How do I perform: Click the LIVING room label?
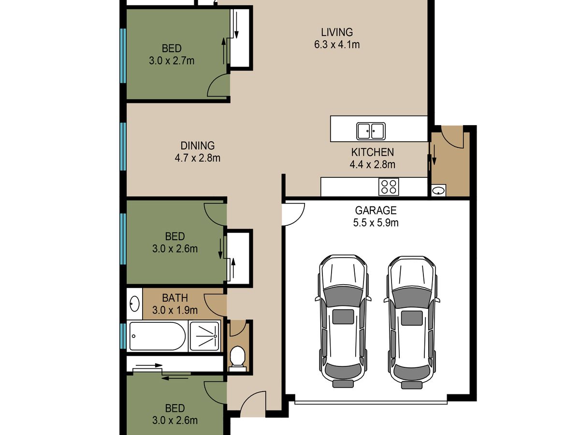(336, 32)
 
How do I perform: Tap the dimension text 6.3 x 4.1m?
(336, 44)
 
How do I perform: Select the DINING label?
(197, 145)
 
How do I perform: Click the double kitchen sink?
(371, 131)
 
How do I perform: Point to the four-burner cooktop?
(389, 187)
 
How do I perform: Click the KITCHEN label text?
(372, 152)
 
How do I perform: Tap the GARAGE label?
(376, 211)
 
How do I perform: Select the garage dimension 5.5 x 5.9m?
(376, 223)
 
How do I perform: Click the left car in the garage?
(343, 321)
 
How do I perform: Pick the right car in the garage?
(411, 322)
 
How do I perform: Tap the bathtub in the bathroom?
(157, 336)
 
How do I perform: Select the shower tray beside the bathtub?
(205, 336)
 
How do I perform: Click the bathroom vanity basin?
(134, 304)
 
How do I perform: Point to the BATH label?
(174, 298)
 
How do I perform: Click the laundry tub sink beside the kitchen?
(439, 190)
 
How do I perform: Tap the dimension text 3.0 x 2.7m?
(172, 61)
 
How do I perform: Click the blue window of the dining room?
(123, 146)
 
